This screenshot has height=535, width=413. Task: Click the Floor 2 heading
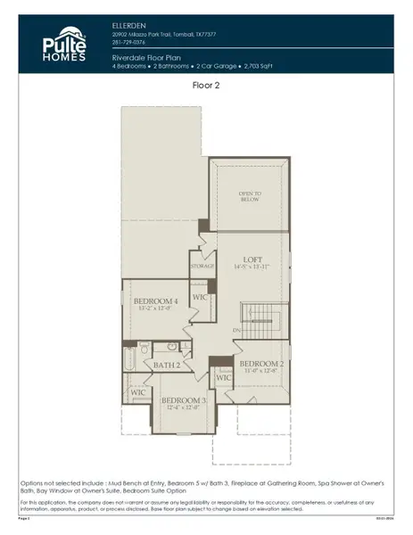tap(206, 86)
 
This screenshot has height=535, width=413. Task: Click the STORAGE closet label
tap(202, 265)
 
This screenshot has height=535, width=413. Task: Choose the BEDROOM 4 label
tap(156, 302)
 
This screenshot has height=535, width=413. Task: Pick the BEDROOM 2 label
tap(260, 363)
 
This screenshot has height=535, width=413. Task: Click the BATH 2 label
tap(167, 366)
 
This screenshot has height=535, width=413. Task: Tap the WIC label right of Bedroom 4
tap(200, 295)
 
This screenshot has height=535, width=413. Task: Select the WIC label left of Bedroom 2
tap(223, 377)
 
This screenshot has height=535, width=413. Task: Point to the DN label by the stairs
tap(235, 332)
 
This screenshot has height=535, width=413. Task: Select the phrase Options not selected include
tap(76, 482)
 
